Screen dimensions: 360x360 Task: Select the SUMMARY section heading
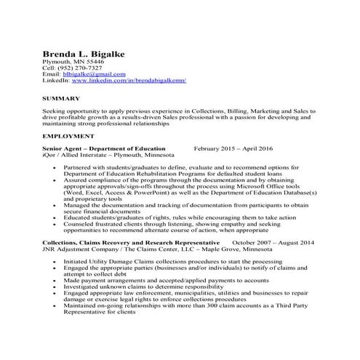pos(62,97)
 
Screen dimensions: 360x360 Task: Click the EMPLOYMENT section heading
pos(69,136)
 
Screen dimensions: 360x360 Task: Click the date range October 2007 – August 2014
pos(273,241)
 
